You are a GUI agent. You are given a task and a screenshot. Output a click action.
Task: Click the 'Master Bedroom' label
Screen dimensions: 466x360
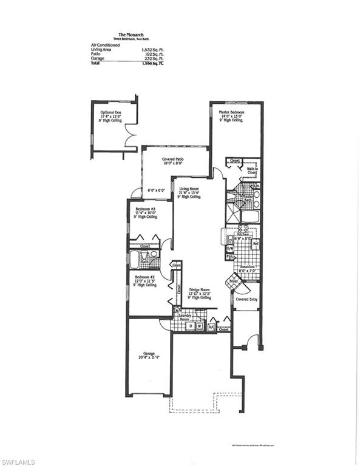click(x=231, y=112)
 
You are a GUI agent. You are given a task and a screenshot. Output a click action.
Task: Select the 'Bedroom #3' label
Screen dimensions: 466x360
click(x=144, y=208)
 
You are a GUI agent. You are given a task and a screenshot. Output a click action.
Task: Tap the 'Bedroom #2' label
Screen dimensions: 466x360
click(x=145, y=280)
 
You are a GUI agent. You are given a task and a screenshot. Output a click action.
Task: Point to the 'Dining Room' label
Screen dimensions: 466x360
click(x=199, y=289)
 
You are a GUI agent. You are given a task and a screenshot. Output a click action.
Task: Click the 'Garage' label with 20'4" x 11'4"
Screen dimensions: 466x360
click(x=149, y=353)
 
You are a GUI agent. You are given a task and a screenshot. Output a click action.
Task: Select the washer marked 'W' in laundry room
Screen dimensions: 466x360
click(x=199, y=326)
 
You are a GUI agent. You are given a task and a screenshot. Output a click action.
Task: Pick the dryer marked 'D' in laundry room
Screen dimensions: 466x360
click(x=190, y=326)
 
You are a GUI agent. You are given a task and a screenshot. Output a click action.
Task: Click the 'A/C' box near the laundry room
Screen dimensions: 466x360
click(x=211, y=326)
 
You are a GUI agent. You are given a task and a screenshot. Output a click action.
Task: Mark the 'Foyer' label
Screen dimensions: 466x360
click(x=234, y=282)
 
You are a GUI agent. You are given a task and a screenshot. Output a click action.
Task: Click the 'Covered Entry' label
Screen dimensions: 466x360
click(x=247, y=299)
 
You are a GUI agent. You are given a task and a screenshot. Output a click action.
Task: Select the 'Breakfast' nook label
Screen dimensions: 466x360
click(x=246, y=267)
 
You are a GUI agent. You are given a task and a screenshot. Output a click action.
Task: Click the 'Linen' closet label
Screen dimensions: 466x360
click(x=176, y=265)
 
